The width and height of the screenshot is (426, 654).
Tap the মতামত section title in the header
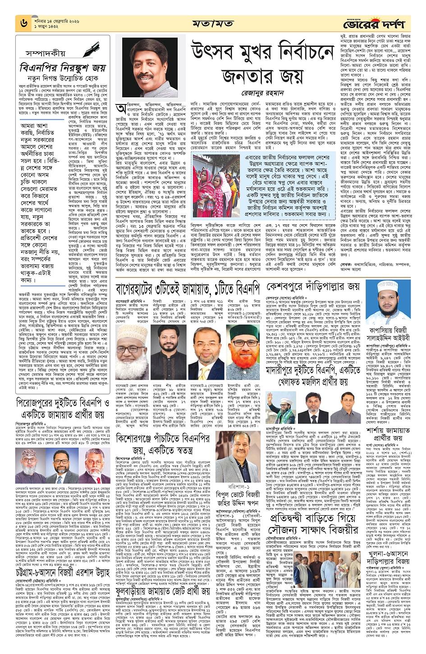(x=213, y=23)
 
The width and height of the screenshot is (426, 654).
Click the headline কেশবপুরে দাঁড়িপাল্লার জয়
(x=313, y=286)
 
